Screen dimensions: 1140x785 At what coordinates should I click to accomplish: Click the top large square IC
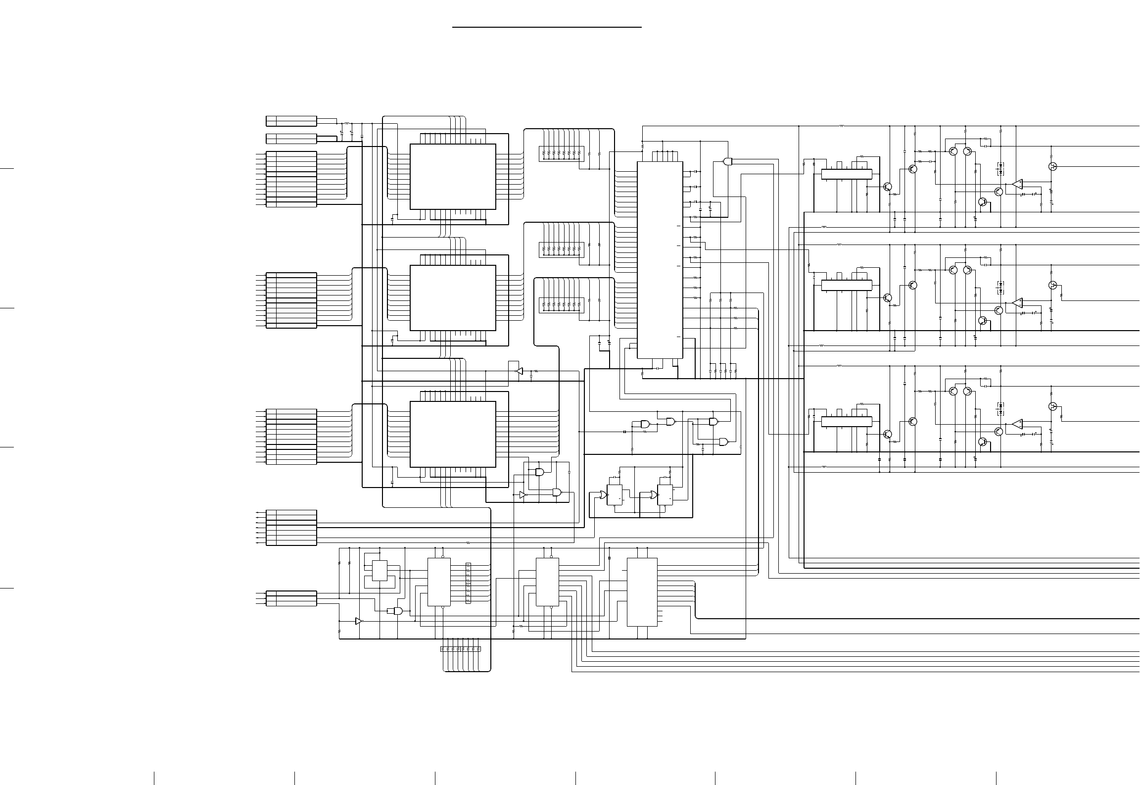coord(453,177)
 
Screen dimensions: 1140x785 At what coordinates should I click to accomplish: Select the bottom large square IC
coord(453,434)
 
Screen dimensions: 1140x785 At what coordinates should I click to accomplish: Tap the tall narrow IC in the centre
coord(660,260)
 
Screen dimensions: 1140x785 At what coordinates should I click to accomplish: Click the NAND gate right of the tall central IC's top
coord(727,161)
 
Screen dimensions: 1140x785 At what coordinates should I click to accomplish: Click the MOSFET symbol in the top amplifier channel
coord(1052,166)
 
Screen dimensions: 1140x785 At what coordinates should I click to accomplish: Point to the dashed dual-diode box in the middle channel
coord(1000,288)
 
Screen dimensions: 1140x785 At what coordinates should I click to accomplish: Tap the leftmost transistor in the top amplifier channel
coord(887,187)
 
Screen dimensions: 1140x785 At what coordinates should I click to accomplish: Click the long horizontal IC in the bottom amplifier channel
coord(846,421)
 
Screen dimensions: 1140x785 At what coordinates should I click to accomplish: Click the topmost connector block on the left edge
coord(291,121)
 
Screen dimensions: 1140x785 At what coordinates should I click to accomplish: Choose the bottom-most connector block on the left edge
coord(291,598)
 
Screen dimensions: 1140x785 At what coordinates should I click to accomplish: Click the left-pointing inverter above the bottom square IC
coord(519,371)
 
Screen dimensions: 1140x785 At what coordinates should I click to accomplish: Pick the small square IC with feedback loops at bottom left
coord(380,571)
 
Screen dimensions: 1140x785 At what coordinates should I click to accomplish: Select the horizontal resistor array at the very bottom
coord(460,649)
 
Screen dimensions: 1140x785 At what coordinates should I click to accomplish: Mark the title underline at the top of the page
coord(547,27)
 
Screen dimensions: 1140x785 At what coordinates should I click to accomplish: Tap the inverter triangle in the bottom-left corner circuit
coord(359,621)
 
